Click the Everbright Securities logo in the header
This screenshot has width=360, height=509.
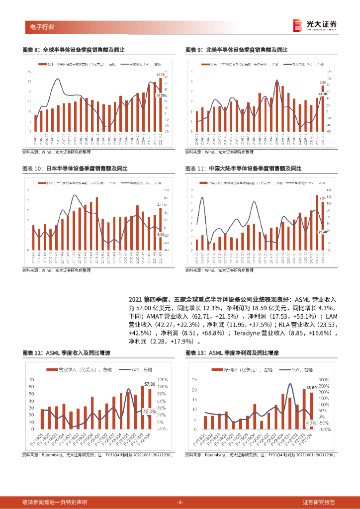click(x=314, y=25)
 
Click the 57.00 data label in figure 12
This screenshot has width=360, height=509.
click(x=149, y=384)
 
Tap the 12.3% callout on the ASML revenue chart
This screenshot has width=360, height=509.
click(x=149, y=411)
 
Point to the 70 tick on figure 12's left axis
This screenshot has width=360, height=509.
click(x=32, y=379)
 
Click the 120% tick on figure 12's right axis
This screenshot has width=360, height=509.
click(x=164, y=379)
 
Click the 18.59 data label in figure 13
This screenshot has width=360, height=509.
click(x=311, y=387)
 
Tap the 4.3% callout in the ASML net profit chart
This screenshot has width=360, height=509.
click(x=311, y=423)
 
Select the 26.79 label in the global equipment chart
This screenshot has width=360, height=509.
click(x=160, y=75)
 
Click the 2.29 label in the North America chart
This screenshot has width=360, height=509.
click(x=323, y=83)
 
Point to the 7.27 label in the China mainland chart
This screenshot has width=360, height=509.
click(x=323, y=198)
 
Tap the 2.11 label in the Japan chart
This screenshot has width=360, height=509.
click(x=160, y=204)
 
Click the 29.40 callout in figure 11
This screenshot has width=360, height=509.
click(x=323, y=232)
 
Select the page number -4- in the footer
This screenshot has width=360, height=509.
click(x=180, y=502)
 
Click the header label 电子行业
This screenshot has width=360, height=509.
click(x=39, y=27)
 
